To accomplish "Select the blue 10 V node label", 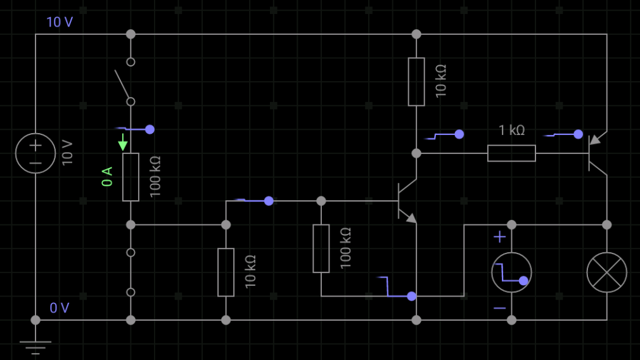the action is (x=60, y=22).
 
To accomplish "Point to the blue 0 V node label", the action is (x=60, y=308).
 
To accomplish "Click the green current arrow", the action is (x=122, y=142).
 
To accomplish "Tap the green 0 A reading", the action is (x=107, y=176).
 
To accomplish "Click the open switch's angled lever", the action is (x=122, y=84).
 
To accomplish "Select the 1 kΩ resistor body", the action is (x=511, y=153).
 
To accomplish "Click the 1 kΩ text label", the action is (x=512, y=130).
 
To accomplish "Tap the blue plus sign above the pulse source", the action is (x=499, y=237).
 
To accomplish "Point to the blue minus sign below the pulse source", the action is (x=500, y=308).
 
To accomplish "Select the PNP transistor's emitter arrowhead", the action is (x=595, y=140).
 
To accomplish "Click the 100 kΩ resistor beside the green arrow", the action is (x=131, y=177).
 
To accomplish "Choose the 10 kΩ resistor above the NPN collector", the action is (x=416, y=82).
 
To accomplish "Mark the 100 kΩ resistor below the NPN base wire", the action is (x=321, y=248).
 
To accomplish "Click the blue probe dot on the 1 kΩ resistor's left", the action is (x=459, y=134).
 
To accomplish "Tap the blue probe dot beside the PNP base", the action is (x=579, y=134).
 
